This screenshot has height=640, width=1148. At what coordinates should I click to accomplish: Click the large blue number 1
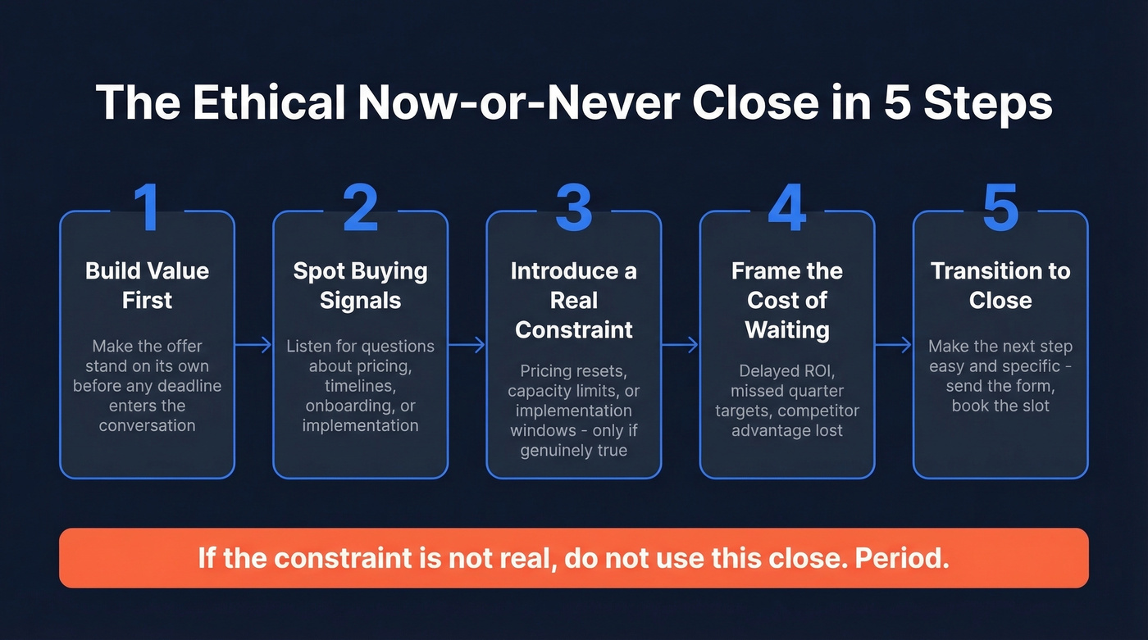click(147, 207)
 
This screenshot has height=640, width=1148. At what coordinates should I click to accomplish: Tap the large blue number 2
click(360, 207)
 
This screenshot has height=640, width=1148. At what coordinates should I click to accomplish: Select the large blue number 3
click(573, 207)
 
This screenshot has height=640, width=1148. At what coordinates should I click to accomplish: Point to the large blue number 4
click(786, 207)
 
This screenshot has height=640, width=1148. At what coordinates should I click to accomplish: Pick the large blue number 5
click(1000, 207)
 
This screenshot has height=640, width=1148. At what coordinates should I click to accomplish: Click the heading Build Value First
click(147, 285)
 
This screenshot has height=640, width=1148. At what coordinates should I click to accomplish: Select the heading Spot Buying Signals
click(360, 285)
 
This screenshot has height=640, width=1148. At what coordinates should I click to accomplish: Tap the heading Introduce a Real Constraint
click(573, 300)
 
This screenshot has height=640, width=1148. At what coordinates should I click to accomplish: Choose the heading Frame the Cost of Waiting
click(787, 300)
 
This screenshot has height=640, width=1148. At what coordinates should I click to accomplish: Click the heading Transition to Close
click(1000, 285)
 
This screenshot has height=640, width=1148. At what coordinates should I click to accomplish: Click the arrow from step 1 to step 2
click(253, 346)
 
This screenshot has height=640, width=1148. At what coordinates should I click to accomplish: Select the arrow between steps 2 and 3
click(467, 346)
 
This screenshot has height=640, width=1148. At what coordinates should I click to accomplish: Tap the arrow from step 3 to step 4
click(680, 346)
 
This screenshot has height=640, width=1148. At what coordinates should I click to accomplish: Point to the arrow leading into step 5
click(893, 346)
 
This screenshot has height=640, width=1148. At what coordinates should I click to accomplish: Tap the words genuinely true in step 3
click(574, 451)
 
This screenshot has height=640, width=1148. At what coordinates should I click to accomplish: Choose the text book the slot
click(1000, 406)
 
